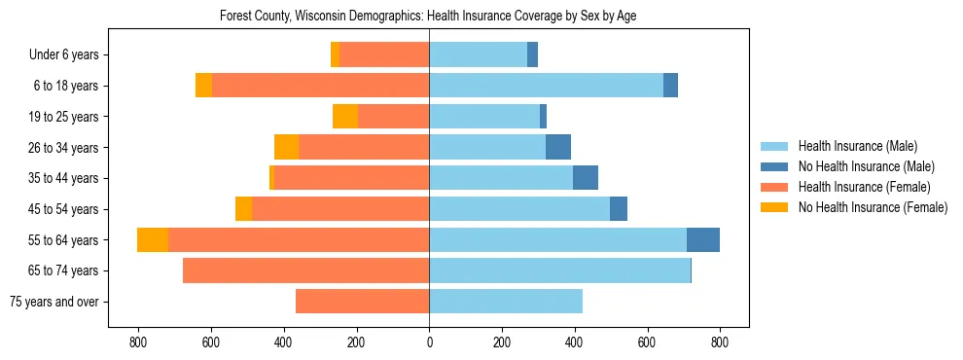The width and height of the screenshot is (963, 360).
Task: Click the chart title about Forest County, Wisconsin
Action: (x=428, y=17)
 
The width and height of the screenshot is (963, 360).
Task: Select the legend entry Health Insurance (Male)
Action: (x=857, y=146)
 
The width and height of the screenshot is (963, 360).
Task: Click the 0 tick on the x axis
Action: (x=429, y=342)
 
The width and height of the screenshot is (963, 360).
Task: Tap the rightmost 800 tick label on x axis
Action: (x=720, y=342)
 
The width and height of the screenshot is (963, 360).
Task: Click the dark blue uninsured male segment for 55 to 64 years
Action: (x=703, y=239)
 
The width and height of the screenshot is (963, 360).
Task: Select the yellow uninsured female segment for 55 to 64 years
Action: (x=153, y=239)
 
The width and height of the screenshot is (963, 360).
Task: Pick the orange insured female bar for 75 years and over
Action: (x=362, y=302)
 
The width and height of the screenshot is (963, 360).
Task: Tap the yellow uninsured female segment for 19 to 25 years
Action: (x=345, y=117)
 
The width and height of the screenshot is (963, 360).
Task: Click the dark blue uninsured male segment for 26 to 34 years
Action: (x=558, y=147)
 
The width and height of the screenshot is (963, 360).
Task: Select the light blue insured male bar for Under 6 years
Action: (x=478, y=55)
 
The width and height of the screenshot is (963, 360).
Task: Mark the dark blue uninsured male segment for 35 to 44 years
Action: (x=586, y=178)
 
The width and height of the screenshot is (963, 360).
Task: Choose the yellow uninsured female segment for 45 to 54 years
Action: (x=243, y=209)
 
